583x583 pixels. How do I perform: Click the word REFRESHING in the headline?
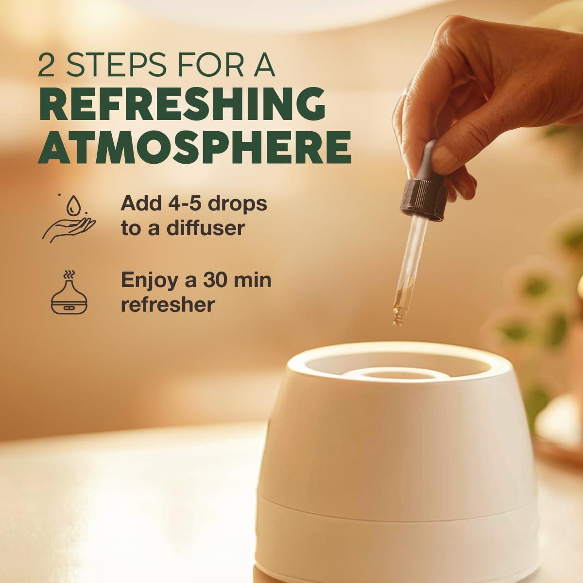click(182, 104)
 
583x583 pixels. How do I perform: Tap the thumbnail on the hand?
click(445, 155)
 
